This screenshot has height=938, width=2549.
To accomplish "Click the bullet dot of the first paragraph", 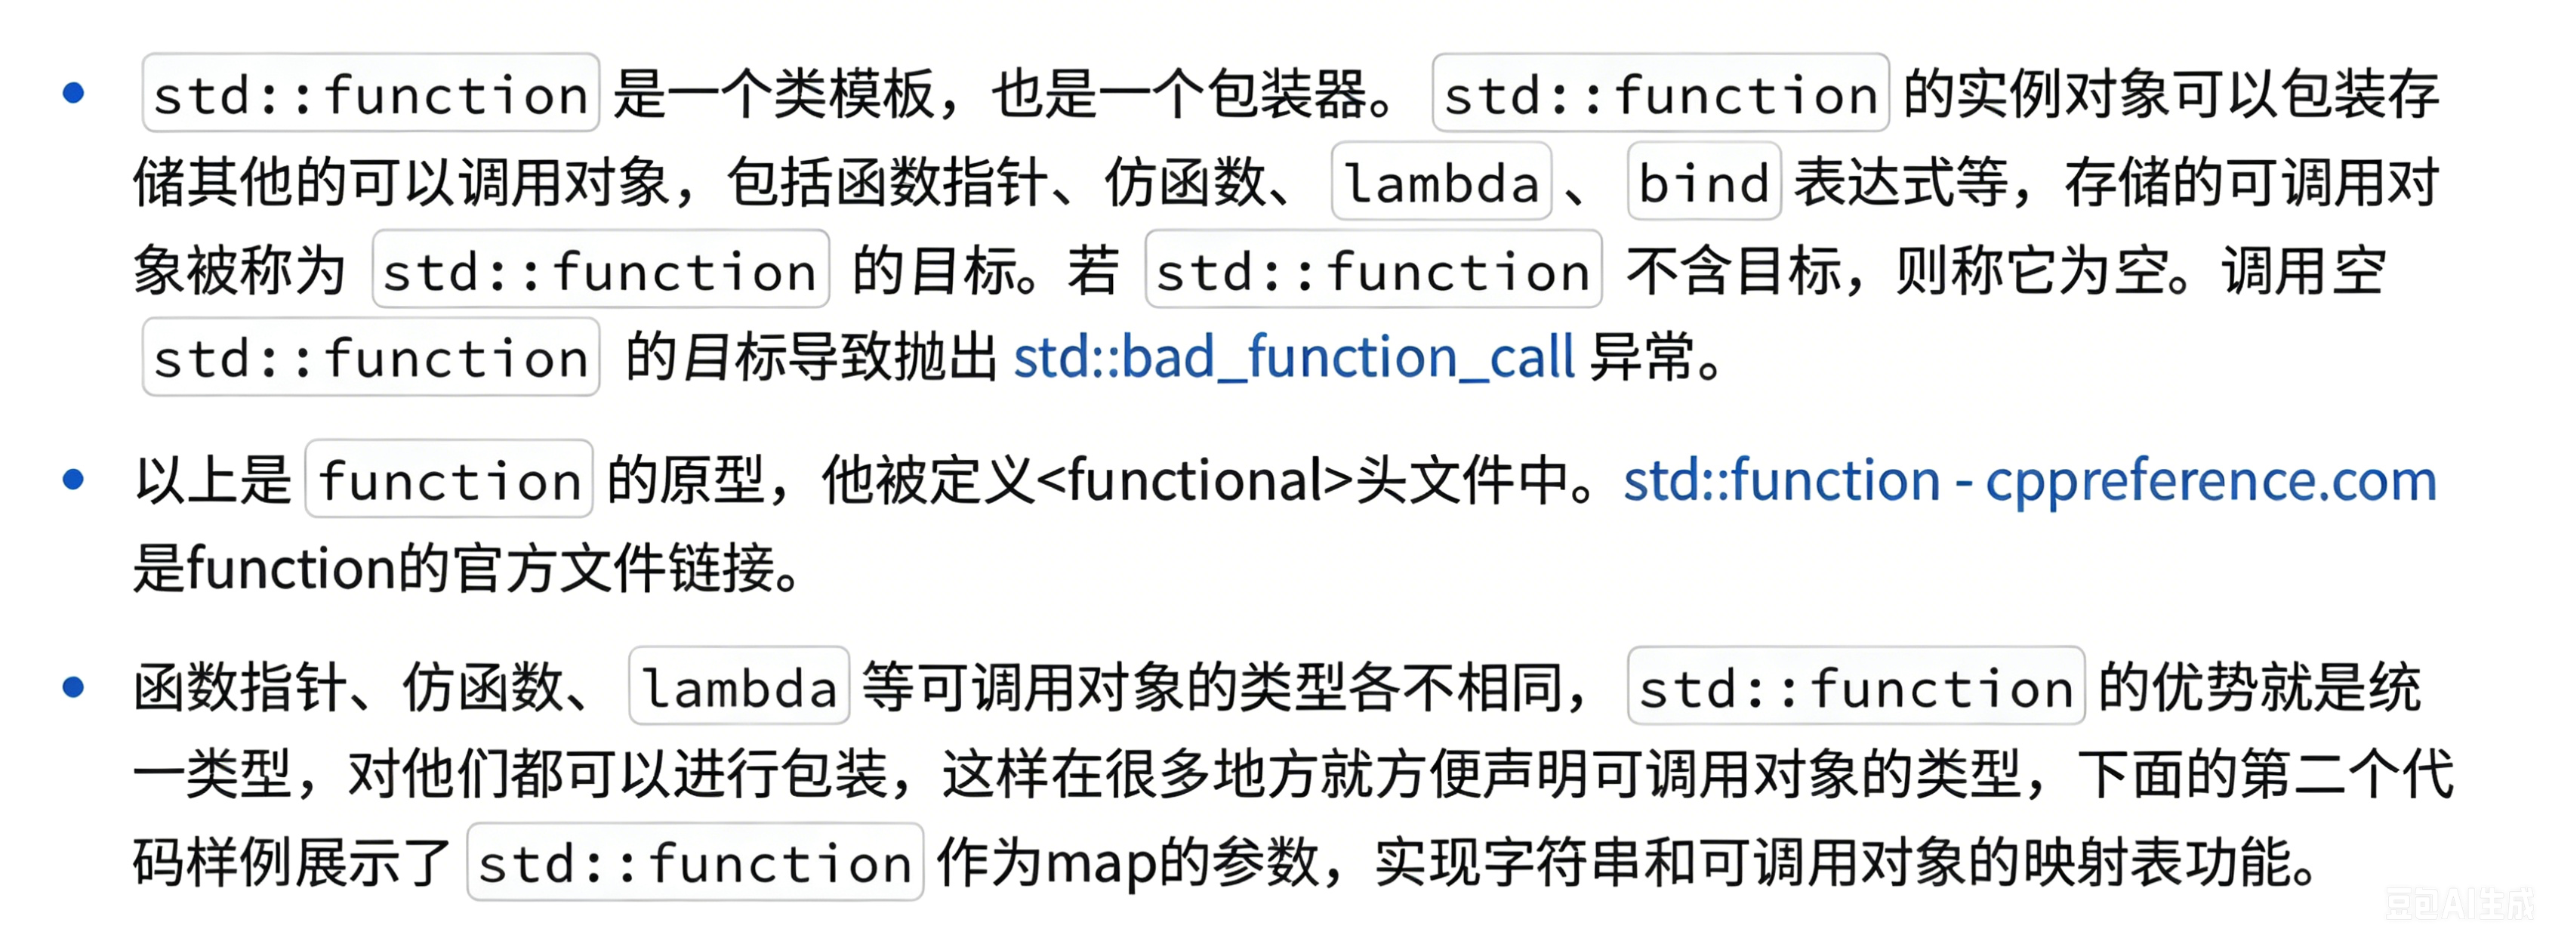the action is click(x=73, y=93).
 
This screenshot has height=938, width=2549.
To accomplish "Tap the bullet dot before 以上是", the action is click(x=73, y=480).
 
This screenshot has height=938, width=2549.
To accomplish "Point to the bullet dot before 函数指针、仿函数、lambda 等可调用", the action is click(x=73, y=687).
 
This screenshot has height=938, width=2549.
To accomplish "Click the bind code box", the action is click(x=1704, y=181).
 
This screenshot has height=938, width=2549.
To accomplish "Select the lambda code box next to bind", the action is click(x=1441, y=181).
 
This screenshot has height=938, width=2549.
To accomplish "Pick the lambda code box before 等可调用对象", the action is click(x=739, y=686).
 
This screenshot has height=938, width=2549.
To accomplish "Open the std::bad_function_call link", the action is click(x=1294, y=357).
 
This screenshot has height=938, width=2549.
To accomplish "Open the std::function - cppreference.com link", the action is click(x=2030, y=481).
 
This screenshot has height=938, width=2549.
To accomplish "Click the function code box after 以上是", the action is click(x=449, y=479).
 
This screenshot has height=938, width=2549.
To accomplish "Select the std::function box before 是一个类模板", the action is click(x=371, y=93).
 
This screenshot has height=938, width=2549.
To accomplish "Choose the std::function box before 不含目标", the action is click(x=1373, y=269).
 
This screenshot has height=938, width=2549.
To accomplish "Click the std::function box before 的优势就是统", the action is click(x=1857, y=686).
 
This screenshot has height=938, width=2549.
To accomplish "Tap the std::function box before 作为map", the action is click(x=695, y=862).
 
